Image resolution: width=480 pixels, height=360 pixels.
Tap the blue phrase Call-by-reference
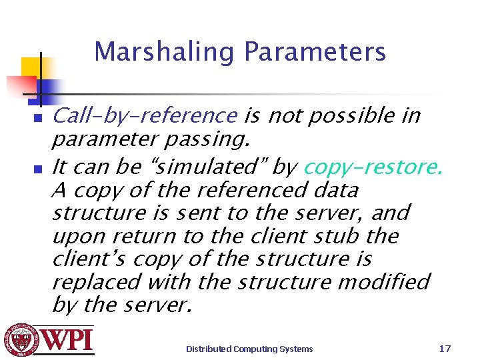pos(144,116)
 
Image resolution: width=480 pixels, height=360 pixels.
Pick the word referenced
pos(257,191)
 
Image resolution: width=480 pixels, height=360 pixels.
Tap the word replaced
pos(96,282)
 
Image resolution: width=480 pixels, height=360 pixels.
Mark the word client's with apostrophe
pos(85,259)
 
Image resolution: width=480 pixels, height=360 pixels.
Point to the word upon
pos(75,236)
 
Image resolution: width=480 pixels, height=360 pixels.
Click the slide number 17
pos(445,348)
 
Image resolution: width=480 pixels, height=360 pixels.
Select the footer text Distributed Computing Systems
pos(249,349)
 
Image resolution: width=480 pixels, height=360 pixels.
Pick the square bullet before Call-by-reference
pos(38,118)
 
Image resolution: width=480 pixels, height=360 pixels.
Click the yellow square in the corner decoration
pos(32,67)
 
